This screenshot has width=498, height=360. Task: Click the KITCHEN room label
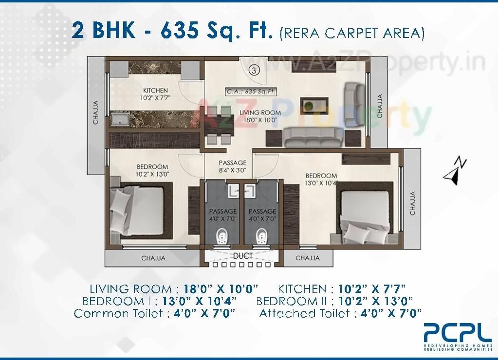[155, 90]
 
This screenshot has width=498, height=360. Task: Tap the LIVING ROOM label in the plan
[260, 113]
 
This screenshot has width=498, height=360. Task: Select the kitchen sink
[120, 120]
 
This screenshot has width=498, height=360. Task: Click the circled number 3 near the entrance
[253, 70]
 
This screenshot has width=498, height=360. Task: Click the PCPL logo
[458, 333]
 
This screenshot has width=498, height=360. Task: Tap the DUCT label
[242, 256]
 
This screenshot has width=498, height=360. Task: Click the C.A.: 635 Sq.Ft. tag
[251, 91]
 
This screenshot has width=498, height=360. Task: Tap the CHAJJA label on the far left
[95, 112]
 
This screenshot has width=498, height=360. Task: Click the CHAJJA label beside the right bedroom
[412, 203]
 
